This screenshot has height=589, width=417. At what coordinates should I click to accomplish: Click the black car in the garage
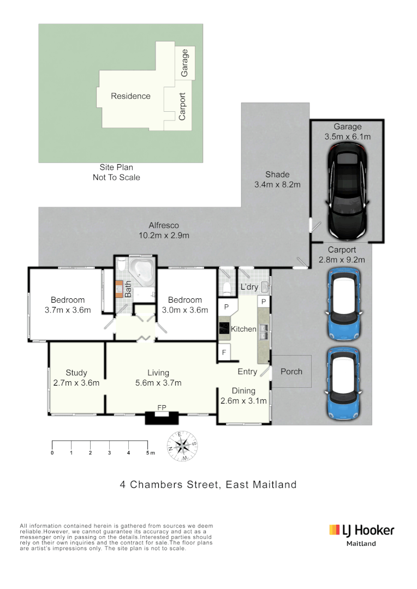click(x=347, y=191)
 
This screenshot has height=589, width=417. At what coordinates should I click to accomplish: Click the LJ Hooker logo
click(x=361, y=530)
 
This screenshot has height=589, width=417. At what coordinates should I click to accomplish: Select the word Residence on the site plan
click(x=130, y=96)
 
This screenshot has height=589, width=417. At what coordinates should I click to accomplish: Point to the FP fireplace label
click(x=161, y=407)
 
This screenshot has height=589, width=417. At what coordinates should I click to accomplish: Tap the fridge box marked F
click(x=224, y=352)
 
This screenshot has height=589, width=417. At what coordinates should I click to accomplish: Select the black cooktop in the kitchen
click(x=224, y=328)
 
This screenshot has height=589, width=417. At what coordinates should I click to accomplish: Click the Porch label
click(x=291, y=371)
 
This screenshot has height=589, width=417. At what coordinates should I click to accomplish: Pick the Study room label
click(x=76, y=373)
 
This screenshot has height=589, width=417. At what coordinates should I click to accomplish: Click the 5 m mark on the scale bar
click(x=148, y=453)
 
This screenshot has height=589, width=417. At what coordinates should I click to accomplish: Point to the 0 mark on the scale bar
click(x=52, y=453)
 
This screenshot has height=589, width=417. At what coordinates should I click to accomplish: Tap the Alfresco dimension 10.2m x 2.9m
click(x=164, y=236)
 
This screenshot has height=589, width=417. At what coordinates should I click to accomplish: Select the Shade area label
click(x=277, y=175)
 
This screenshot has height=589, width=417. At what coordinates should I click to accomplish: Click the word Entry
click(x=247, y=371)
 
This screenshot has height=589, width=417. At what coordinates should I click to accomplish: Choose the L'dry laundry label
click(x=249, y=287)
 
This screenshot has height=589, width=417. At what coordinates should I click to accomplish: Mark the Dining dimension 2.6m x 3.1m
click(x=243, y=401)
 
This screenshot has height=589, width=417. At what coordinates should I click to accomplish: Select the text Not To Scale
click(x=116, y=177)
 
